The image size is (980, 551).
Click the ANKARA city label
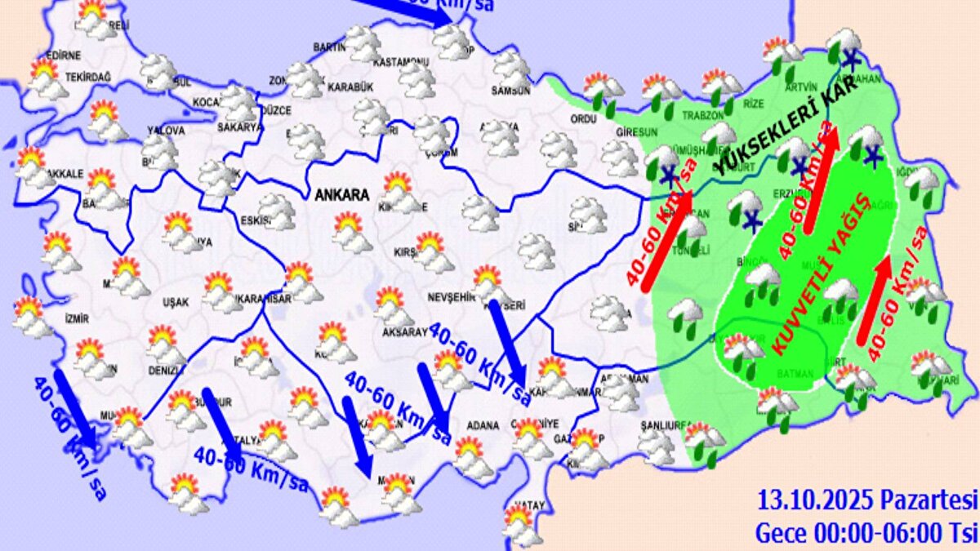point(342,196)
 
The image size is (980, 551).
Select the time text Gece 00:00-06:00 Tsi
point(865,532)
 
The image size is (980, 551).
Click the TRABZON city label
point(682,117)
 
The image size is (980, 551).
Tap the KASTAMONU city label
point(400,62)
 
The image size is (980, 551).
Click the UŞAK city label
point(176,302)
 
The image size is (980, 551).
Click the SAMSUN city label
point(510,91)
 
